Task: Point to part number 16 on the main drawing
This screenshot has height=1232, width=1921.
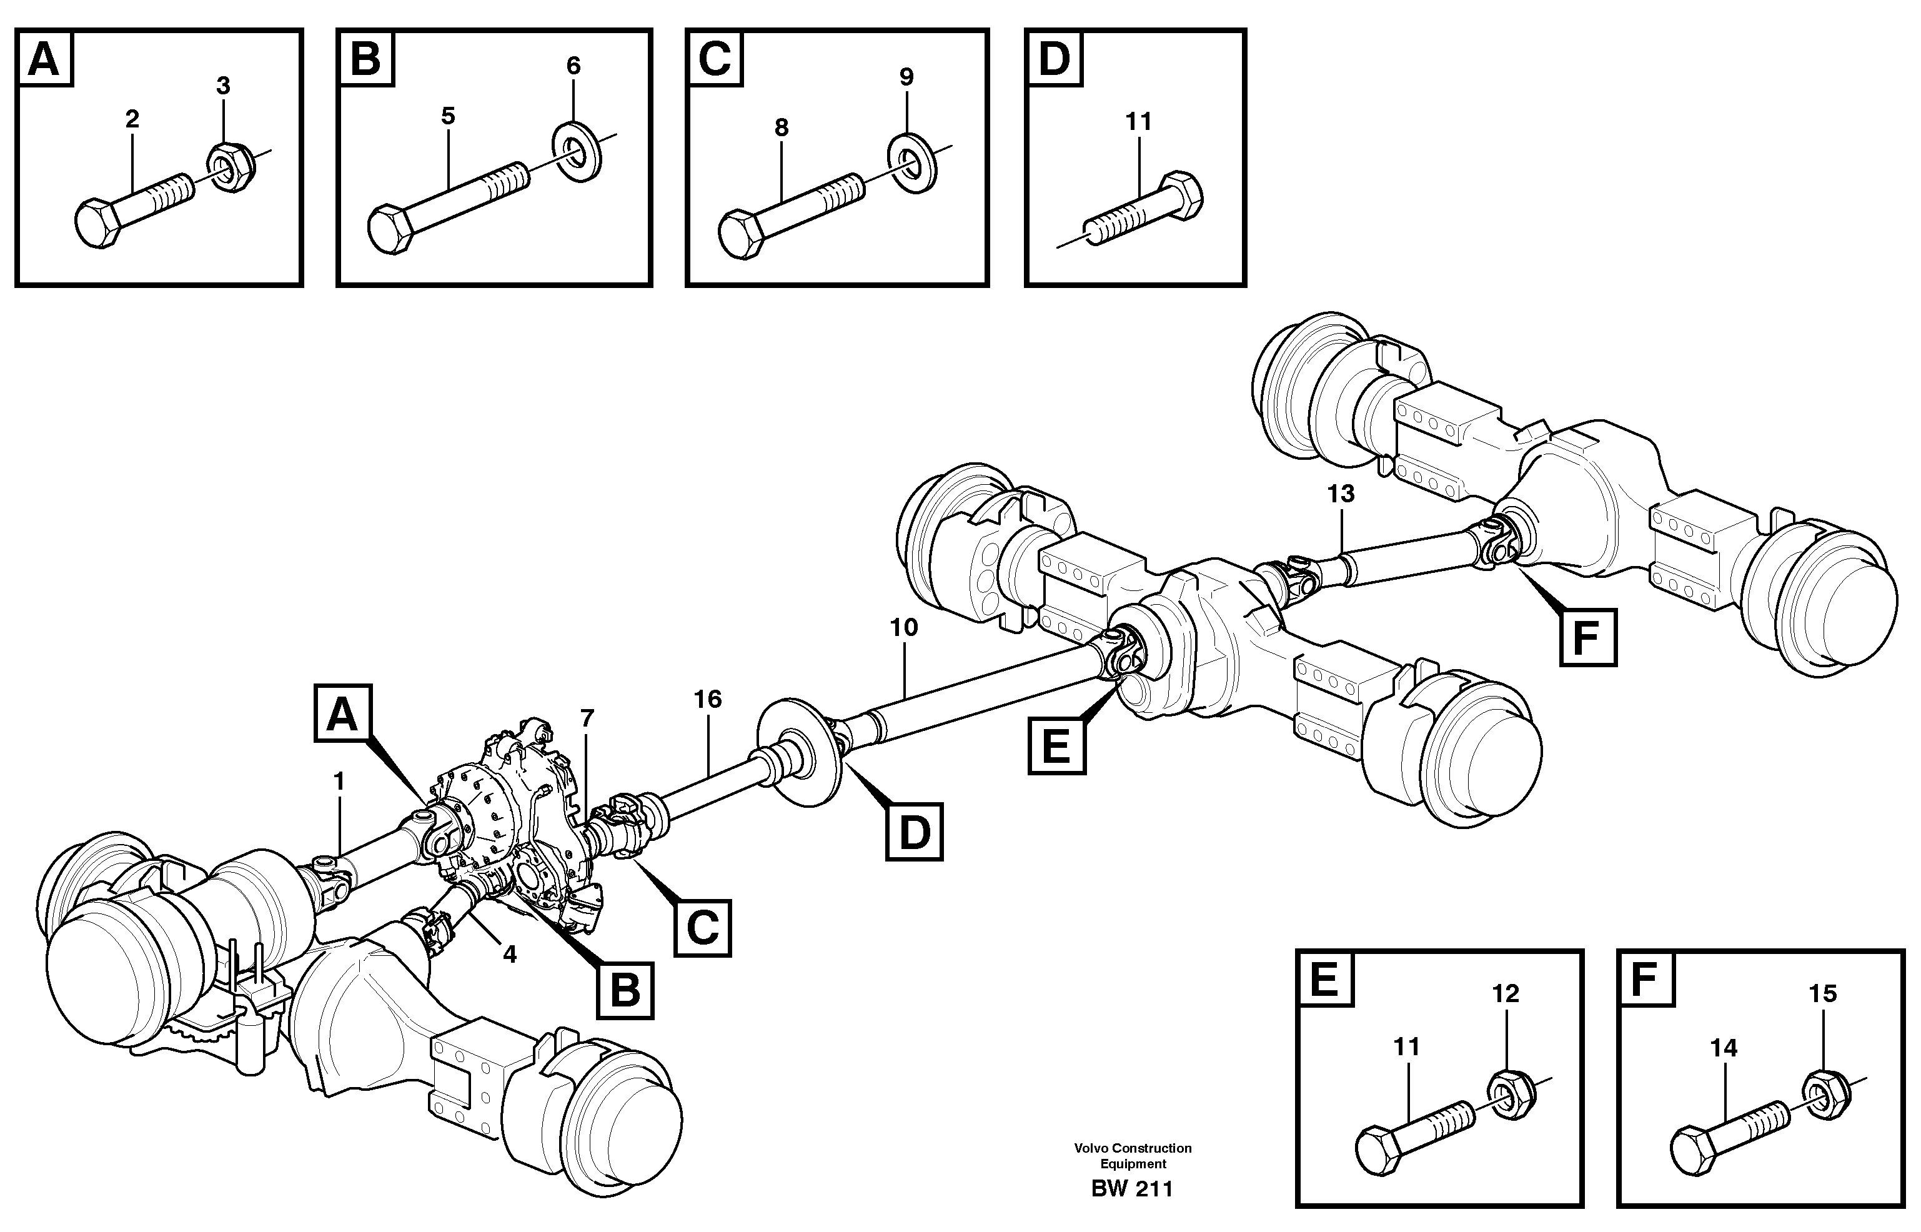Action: (x=708, y=699)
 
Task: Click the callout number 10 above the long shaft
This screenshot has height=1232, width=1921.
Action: (x=904, y=627)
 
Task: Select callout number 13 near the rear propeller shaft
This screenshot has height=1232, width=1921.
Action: (x=1341, y=494)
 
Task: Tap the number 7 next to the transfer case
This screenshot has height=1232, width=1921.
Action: (x=588, y=718)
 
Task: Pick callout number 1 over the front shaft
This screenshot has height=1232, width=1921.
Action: (x=339, y=781)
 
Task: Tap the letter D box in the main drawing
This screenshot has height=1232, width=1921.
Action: (x=914, y=833)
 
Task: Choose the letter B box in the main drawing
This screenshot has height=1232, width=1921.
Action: (x=625, y=990)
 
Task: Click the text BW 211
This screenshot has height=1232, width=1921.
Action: (x=1131, y=1189)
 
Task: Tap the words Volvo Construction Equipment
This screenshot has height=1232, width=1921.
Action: (x=1133, y=1156)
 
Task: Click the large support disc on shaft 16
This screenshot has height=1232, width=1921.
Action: (x=800, y=753)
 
